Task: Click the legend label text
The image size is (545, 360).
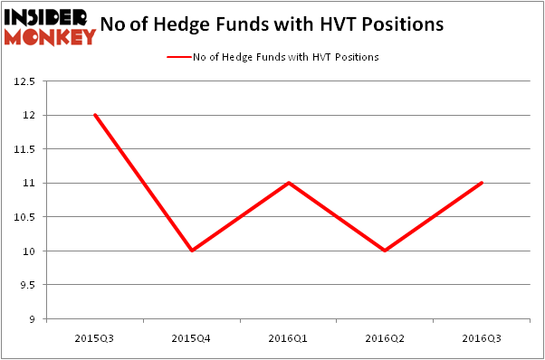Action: [x=285, y=57]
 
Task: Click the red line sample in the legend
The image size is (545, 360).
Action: [x=178, y=57]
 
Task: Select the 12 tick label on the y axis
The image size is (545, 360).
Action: [x=29, y=116]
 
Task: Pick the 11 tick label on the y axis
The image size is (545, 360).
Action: [x=29, y=184]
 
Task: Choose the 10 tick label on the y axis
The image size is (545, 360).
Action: [x=29, y=251]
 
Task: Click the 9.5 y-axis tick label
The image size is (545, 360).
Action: [x=27, y=285]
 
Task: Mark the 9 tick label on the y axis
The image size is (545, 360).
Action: [x=33, y=318]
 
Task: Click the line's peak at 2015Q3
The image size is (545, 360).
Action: [x=94, y=115]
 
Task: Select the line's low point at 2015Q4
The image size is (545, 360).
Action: [x=191, y=251]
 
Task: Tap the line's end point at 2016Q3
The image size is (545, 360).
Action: [x=482, y=183]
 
